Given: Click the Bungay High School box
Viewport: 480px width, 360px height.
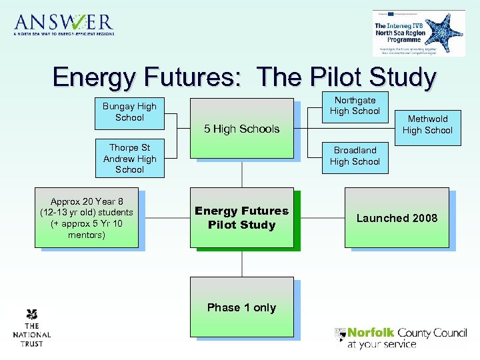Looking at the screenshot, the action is [x=129, y=112].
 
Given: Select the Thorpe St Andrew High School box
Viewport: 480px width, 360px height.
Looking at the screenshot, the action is [x=129, y=159].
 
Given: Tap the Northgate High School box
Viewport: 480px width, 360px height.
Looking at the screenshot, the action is [x=355, y=106].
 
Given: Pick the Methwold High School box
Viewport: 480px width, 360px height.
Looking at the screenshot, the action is [x=427, y=125].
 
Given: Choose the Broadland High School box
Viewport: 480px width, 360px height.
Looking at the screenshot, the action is [x=355, y=156].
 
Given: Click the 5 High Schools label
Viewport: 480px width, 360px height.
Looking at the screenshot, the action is [x=241, y=129].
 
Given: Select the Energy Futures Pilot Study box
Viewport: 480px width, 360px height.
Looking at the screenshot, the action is [x=241, y=218].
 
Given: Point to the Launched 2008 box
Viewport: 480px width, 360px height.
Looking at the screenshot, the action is [x=397, y=218].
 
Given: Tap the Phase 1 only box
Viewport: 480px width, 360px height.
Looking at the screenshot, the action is [x=241, y=307].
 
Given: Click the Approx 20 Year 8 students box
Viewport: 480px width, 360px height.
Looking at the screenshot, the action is [x=87, y=218].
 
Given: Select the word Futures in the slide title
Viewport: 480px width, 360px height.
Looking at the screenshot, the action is [x=197, y=77].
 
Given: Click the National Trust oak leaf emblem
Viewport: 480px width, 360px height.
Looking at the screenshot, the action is [x=31, y=315].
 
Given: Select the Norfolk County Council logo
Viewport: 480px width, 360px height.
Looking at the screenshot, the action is [x=400, y=337].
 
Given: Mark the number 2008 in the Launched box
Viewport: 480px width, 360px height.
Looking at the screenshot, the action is [x=424, y=218].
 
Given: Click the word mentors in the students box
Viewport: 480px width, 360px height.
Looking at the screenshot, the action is [x=87, y=235].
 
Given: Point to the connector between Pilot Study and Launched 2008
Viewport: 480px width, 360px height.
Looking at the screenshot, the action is [x=319, y=218].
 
